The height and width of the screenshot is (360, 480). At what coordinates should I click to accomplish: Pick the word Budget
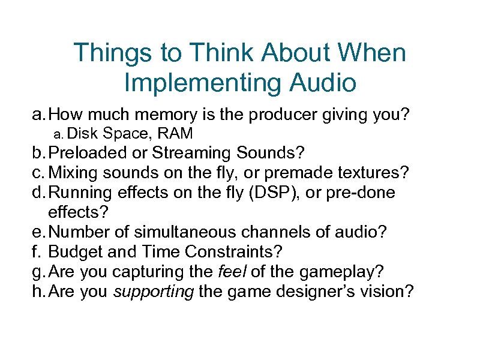coord(70,252)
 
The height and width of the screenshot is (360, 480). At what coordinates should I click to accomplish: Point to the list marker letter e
coord(37,232)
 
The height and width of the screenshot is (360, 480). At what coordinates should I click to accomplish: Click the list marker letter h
coord(37,292)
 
